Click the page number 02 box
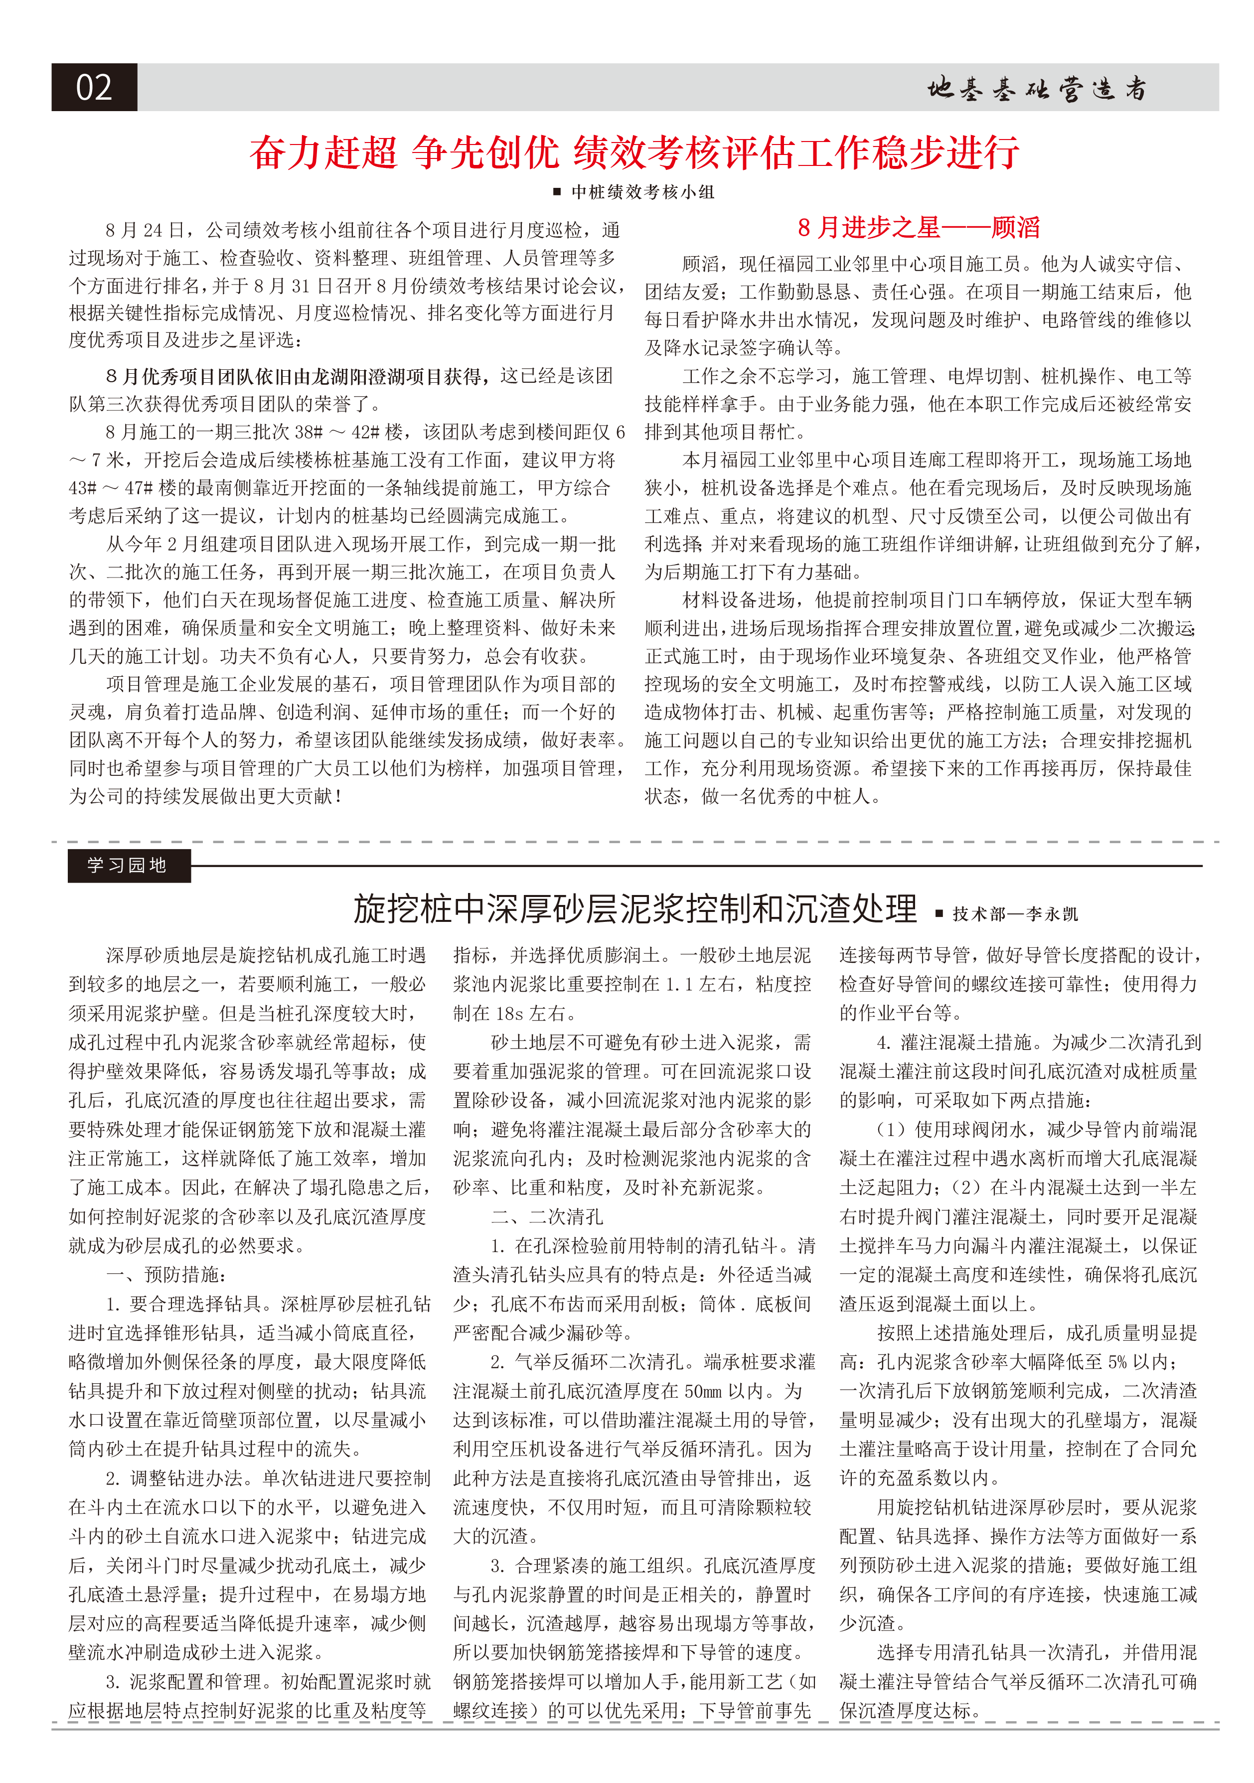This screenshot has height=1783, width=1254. tap(94, 87)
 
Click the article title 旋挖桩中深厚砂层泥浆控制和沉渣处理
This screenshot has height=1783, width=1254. tap(634, 908)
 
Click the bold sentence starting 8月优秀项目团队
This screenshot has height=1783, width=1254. tap(298, 377)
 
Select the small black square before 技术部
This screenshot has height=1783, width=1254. tap(939, 914)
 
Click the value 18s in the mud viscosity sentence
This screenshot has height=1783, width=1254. tap(508, 1014)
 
